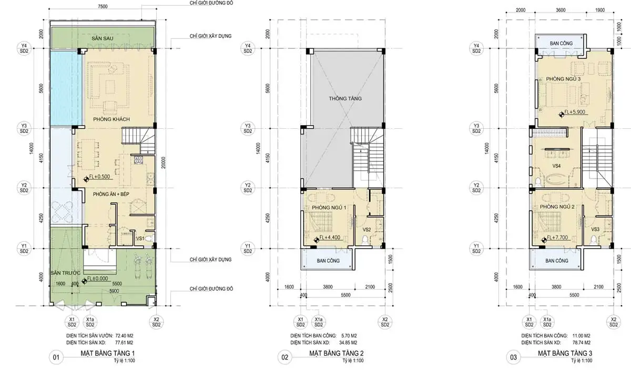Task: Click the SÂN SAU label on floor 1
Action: (x=102, y=38)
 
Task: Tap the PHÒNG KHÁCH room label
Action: (x=111, y=119)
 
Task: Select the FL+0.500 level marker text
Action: (x=99, y=177)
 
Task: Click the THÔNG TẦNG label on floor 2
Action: (x=345, y=98)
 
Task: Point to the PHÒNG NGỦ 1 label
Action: (x=329, y=208)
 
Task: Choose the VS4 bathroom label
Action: (x=556, y=166)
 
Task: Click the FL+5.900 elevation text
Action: (x=575, y=112)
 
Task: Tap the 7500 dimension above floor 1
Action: (x=103, y=6)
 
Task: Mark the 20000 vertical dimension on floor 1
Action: (x=164, y=163)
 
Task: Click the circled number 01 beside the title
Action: (x=56, y=357)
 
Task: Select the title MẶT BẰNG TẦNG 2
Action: (x=337, y=353)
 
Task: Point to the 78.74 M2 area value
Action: (x=582, y=343)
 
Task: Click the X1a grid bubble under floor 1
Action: (x=90, y=322)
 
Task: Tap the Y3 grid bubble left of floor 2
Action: (x=248, y=128)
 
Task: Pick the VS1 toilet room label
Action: (x=140, y=239)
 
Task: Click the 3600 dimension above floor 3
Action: (x=561, y=10)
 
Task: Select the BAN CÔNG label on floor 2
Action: (x=328, y=261)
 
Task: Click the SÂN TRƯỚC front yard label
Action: (x=66, y=273)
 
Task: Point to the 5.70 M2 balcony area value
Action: (x=349, y=336)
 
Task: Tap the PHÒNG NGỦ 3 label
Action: (x=563, y=79)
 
